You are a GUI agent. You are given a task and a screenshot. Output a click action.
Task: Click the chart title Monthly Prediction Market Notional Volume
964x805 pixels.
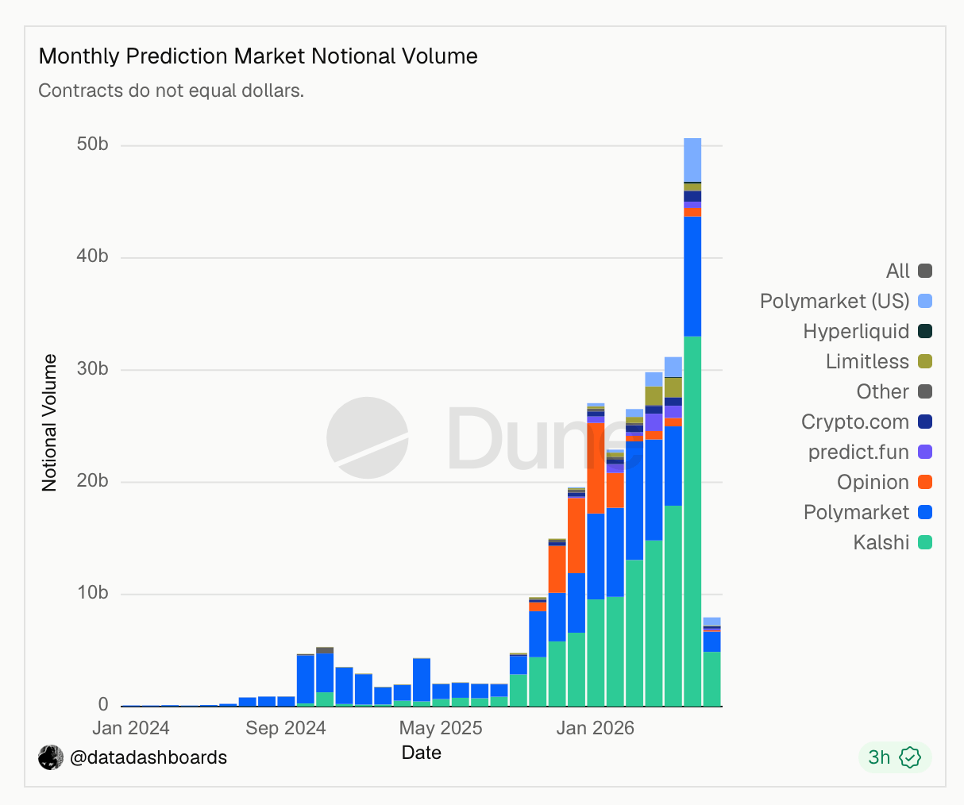[x=258, y=56]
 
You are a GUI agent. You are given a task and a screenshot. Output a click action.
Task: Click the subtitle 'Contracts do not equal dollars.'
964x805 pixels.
[x=172, y=91]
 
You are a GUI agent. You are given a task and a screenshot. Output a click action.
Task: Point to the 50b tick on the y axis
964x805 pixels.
[x=92, y=144]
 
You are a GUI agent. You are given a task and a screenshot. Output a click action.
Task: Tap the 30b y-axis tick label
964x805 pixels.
[x=92, y=368]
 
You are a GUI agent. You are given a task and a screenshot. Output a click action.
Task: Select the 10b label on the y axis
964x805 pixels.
[x=92, y=593]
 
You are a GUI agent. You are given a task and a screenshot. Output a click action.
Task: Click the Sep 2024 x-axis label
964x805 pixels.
[x=286, y=728]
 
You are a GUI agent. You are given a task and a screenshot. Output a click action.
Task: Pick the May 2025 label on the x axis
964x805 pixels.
[x=441, y=728]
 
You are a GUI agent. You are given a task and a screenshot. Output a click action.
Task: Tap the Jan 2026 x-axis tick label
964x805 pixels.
[x=595, y=728]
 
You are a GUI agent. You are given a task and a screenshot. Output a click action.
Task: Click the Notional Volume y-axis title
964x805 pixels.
[x=49, y=423]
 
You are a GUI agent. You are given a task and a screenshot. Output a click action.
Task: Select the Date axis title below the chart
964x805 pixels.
[x=422, y=753]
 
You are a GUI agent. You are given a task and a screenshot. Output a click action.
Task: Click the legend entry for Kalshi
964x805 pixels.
[x=893, y=542]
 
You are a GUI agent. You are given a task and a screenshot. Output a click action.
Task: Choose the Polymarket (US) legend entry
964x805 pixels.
[x=846, y=301]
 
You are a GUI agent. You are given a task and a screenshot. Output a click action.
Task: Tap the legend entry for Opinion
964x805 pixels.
[x=885, y=482]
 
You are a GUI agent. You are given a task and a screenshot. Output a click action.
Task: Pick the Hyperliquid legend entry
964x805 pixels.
[x=867, y=331]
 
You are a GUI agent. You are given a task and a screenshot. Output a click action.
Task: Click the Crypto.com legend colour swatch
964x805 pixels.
[x=925, y=422]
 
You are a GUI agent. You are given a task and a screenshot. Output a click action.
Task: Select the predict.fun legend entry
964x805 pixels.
[x=870, y=452]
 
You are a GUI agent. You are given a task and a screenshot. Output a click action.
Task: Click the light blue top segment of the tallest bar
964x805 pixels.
[x=692, y=160]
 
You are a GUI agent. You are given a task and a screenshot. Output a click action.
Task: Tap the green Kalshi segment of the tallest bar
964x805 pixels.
[x=692, y=521]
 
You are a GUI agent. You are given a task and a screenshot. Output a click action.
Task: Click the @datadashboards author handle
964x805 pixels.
[x=148, y=757]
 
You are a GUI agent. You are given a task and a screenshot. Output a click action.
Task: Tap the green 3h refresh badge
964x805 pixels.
[x=895, y=757]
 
